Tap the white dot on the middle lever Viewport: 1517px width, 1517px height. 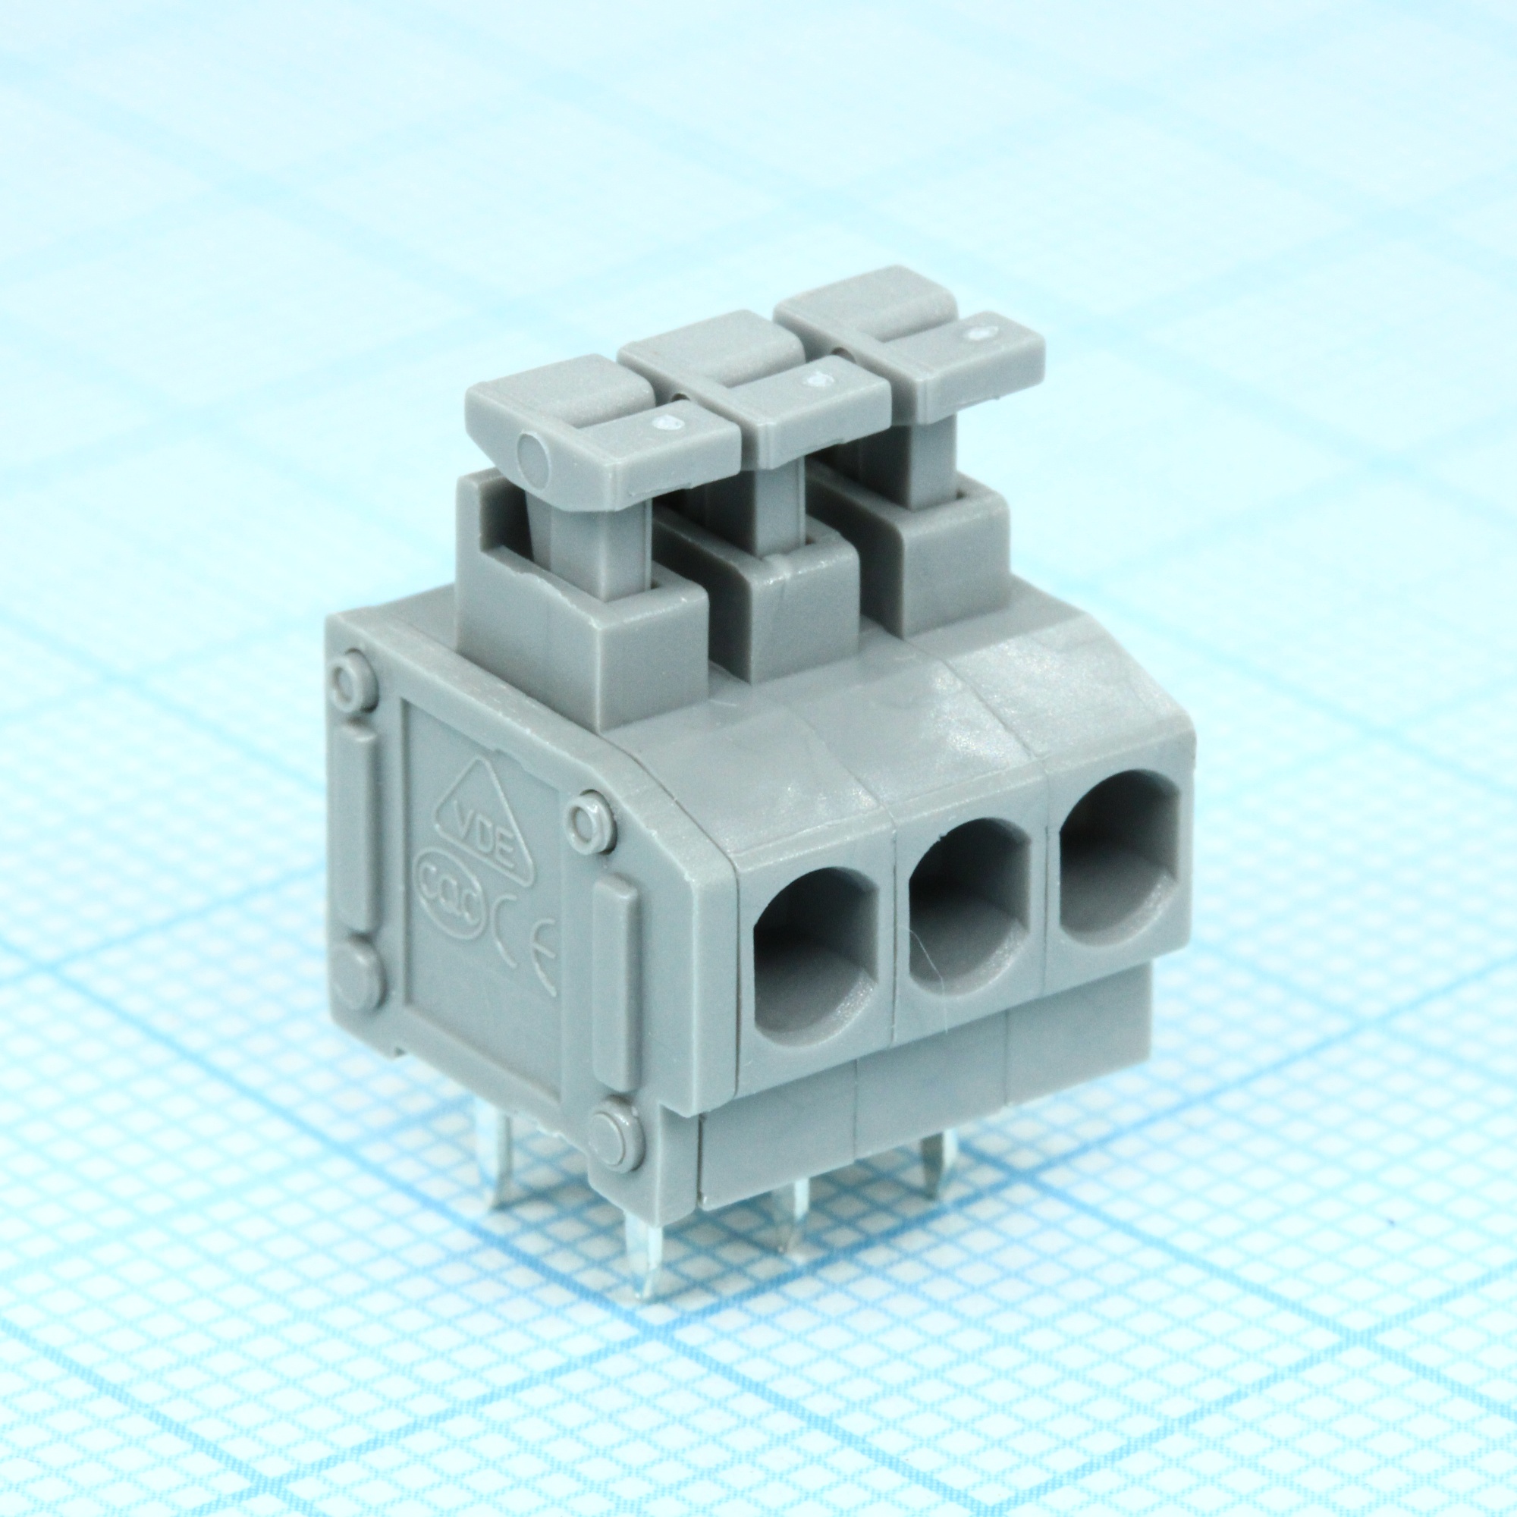821,379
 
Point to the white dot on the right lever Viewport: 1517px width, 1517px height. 978,334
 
